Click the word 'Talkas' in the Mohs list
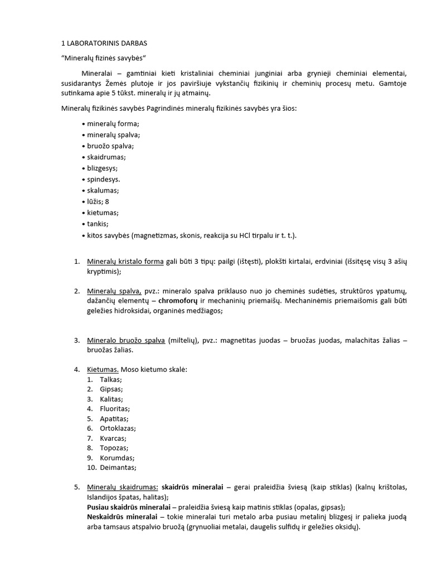[x=111, y=379]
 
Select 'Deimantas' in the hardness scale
[x=118, y=468]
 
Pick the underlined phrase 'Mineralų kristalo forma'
[x=125, y=262]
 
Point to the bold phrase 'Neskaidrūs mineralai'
[x=122, y=517]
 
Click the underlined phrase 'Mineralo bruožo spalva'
[x=125, y=340]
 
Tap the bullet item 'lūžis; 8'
[x=98, y=202]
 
